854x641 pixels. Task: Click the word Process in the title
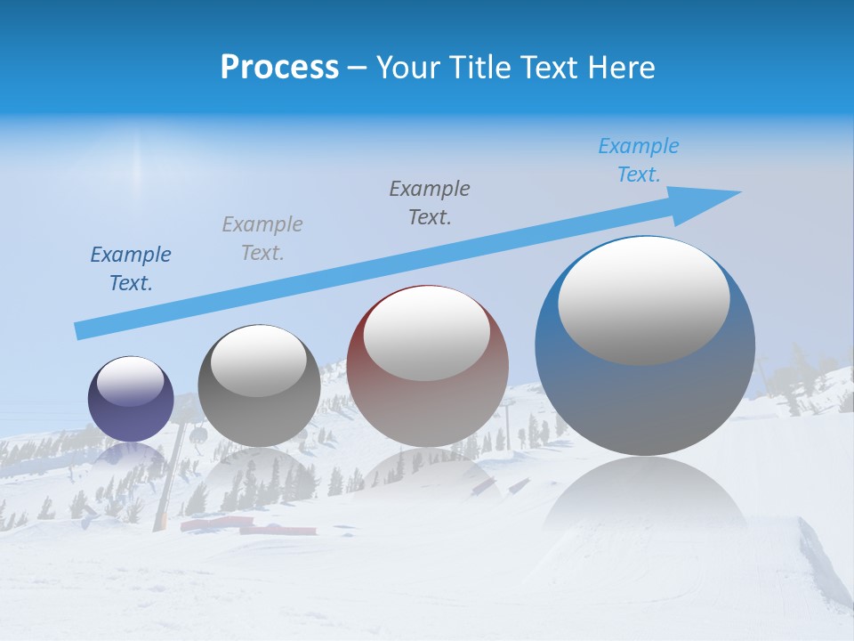click(x=279, y=68)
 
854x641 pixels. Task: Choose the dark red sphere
click(x=428, y=401)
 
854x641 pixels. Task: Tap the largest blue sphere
click(x=645, y=392)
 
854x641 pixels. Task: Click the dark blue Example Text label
click(x=131, y=269)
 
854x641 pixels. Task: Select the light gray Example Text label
click(x=262, y=239)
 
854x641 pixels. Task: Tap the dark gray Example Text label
click(x=430, y=203)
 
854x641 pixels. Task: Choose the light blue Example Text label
click(x=639, y=160)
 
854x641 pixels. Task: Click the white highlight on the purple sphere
click(x=131, y=381)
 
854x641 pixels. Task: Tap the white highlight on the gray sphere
click(x=259, y=361)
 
